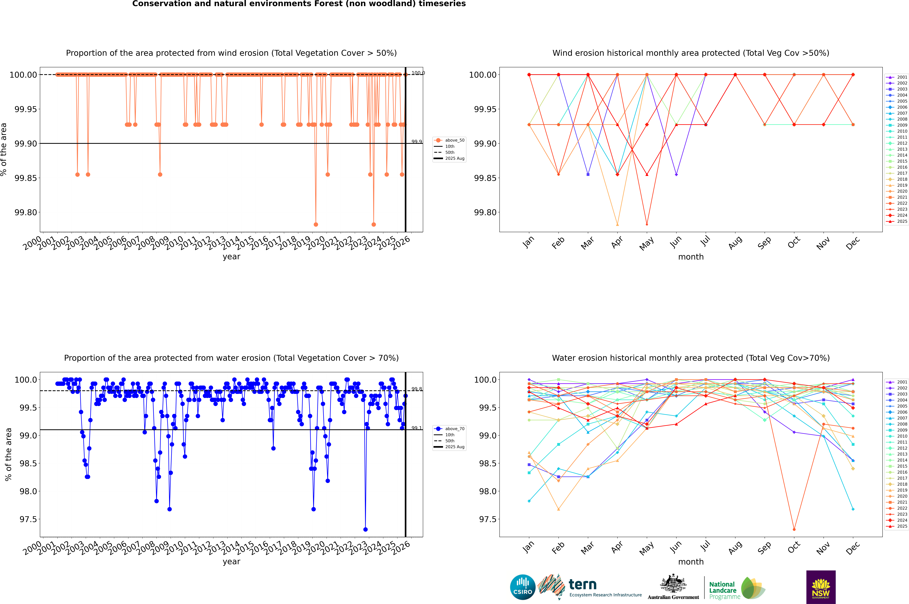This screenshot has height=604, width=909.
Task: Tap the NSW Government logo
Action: pyautogui.click(x=821, y=587)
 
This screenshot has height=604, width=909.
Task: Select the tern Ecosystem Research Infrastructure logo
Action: pyautogui.click(x=590, y=587)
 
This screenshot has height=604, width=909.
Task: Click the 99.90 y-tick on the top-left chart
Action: pyautogui.click(x=26, y=144)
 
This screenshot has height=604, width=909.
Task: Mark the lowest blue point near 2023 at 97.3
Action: pyautogui.click(x=365, y=530)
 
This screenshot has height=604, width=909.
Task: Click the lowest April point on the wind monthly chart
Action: pyautogui.click(x=617, y=225)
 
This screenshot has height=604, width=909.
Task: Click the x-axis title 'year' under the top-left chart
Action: pyautogui.click(x=231, y=257)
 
